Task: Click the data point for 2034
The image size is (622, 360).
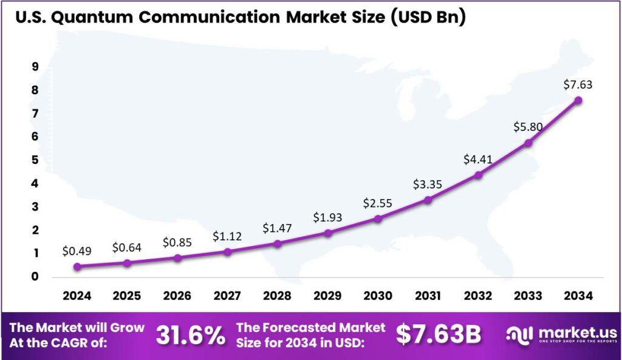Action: (x=578, y=100)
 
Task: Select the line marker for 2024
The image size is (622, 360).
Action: (x=77, y=267)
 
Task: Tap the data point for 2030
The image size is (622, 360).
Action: (x=377, y=219)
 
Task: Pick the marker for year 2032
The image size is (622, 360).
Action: (x=478, y=175)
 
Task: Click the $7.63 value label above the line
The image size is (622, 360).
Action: (x=577, y=84)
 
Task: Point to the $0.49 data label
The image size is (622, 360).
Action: (x=77, y=251)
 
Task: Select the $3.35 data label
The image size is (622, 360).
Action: (x=428, y=184)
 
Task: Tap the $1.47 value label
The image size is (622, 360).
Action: (x=277, y=228)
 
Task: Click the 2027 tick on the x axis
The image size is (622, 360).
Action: (x=227, y=296)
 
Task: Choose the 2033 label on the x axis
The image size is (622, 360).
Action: (x=528, y=296)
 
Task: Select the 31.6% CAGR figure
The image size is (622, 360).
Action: (x=190, y=335)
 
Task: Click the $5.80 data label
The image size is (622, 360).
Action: (x=528, y=127)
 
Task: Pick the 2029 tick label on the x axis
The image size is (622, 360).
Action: (x=327, y=296)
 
